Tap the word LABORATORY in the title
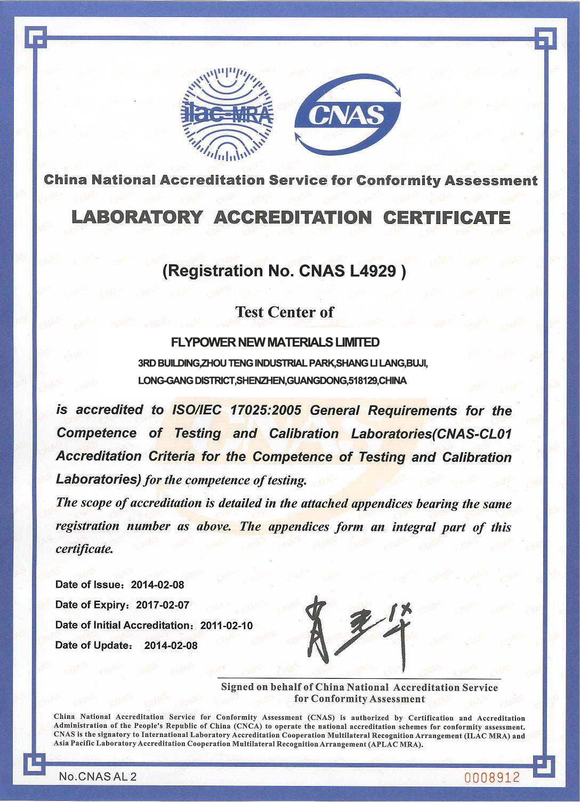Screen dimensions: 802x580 [x=137, y=218]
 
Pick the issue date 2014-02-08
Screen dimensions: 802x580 [x=157, y=584]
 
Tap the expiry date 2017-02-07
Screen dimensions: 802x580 [x=163, y=605]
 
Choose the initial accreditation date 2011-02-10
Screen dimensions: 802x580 [x=226, y=625]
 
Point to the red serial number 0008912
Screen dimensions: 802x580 [x=492, y=777]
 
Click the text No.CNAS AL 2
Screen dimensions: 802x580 [x=98, y=777]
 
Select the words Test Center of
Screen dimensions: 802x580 [x=285, y=312]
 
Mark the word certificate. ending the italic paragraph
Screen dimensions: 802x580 [x=85, y=549]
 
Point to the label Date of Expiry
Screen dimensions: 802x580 [x=92, y=605]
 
